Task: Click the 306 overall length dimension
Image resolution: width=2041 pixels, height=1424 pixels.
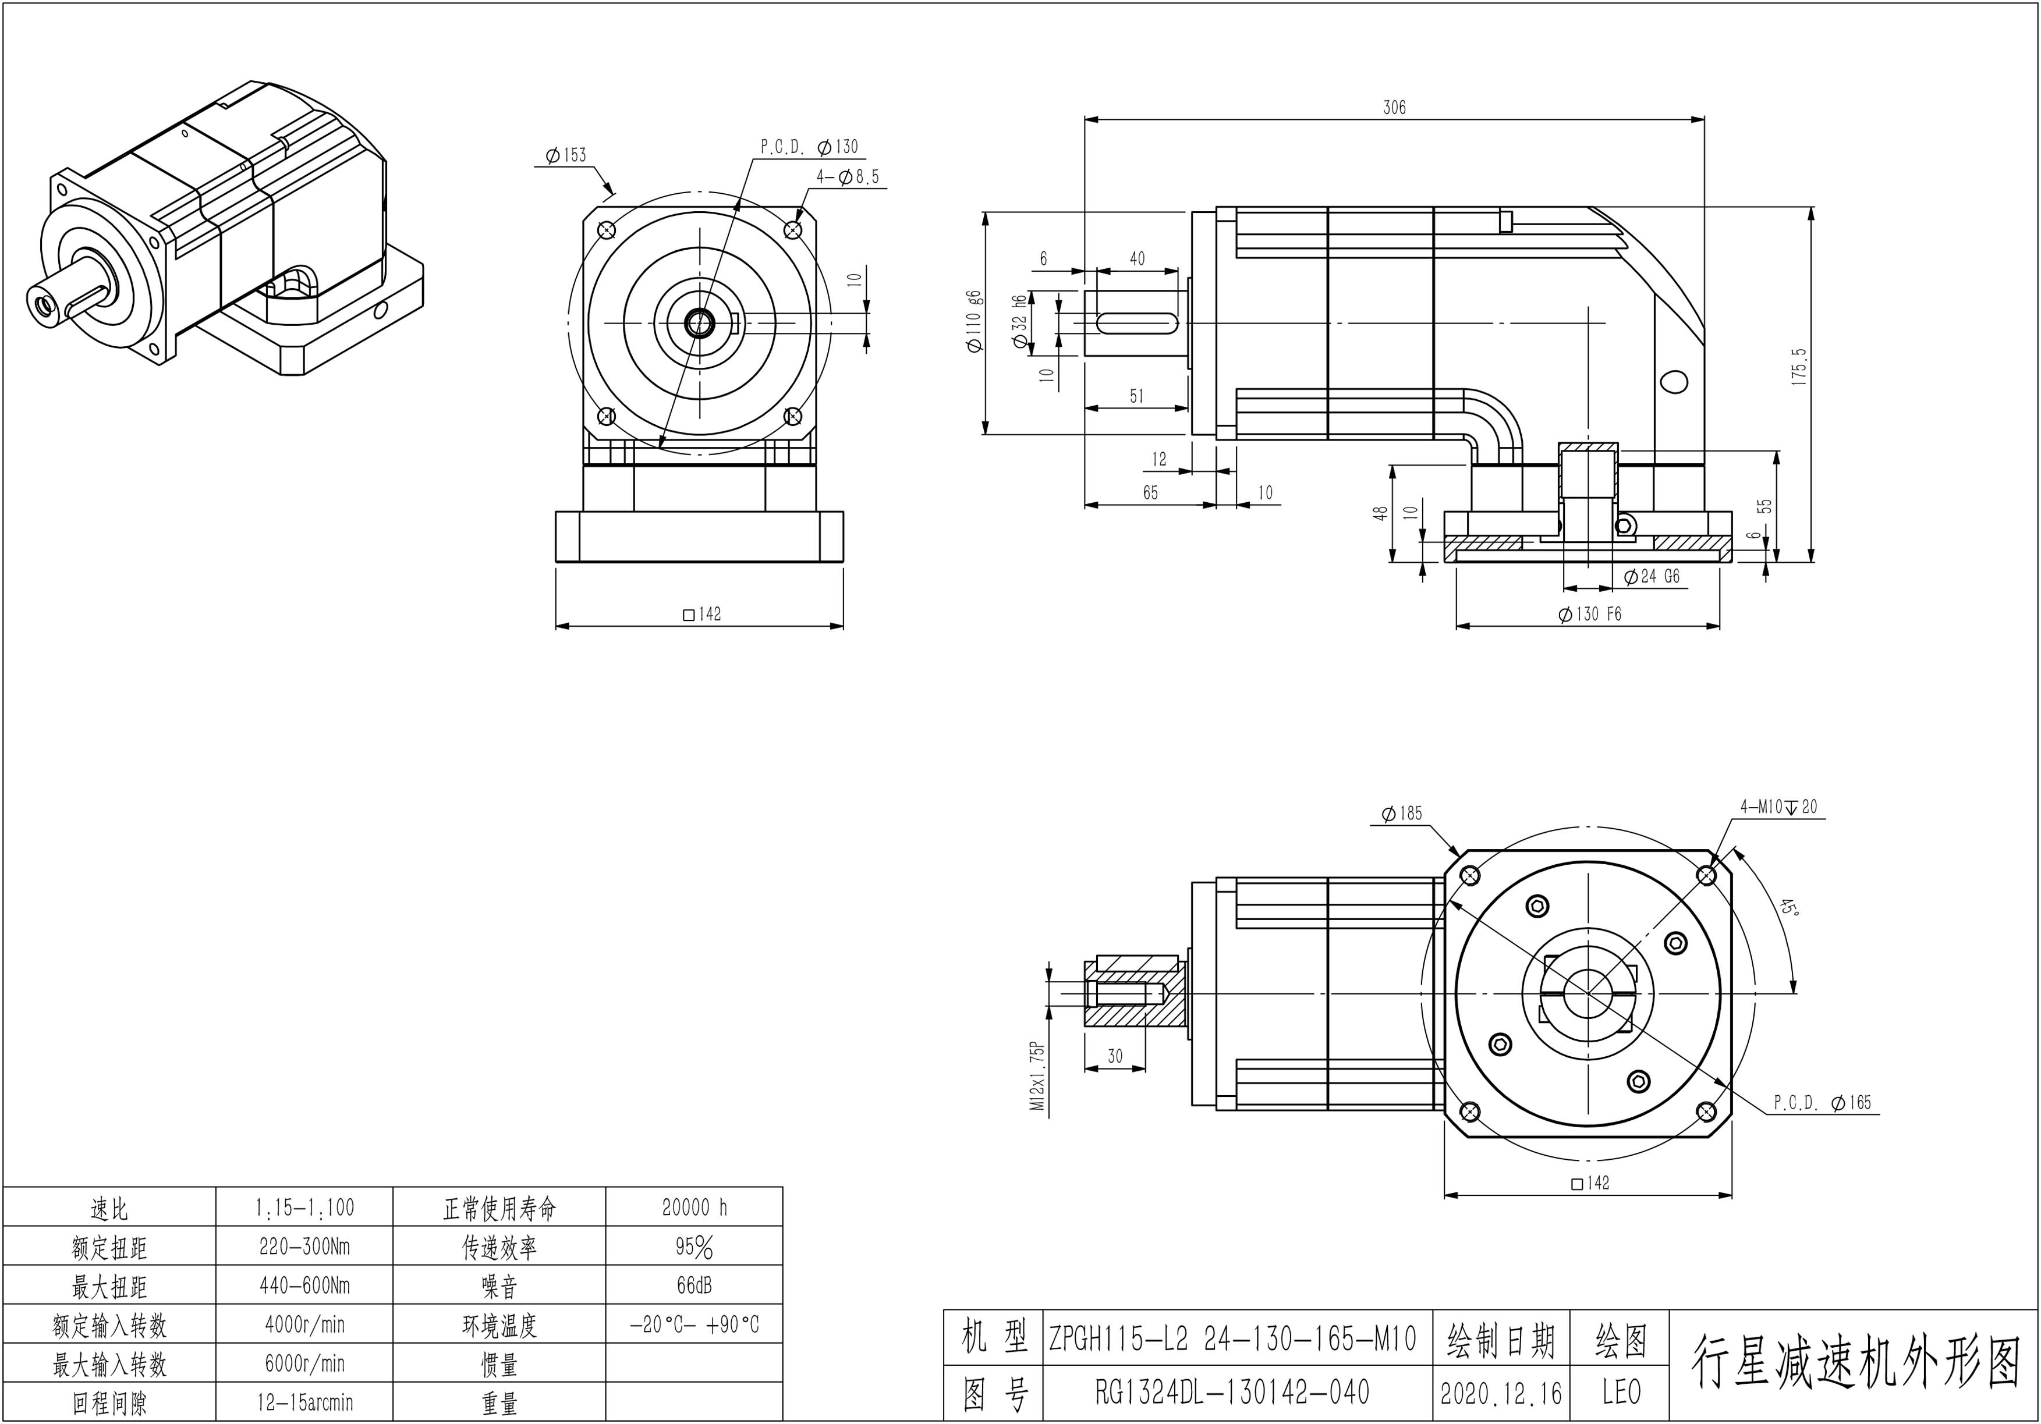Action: (1394, 108)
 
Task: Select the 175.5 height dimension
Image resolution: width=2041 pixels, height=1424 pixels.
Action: (1799, 364)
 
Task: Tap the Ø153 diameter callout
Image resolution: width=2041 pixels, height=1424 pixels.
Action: (566, 155)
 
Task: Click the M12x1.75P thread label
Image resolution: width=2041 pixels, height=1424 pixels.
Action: (1036, 1075)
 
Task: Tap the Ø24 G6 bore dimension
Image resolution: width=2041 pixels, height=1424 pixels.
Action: (1652, 577)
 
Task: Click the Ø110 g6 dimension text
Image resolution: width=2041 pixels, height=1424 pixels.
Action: (975, 321)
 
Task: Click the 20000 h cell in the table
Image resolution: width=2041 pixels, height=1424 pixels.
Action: (694, 1207)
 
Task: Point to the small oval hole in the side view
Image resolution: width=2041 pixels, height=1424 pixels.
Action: (1673, 381)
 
